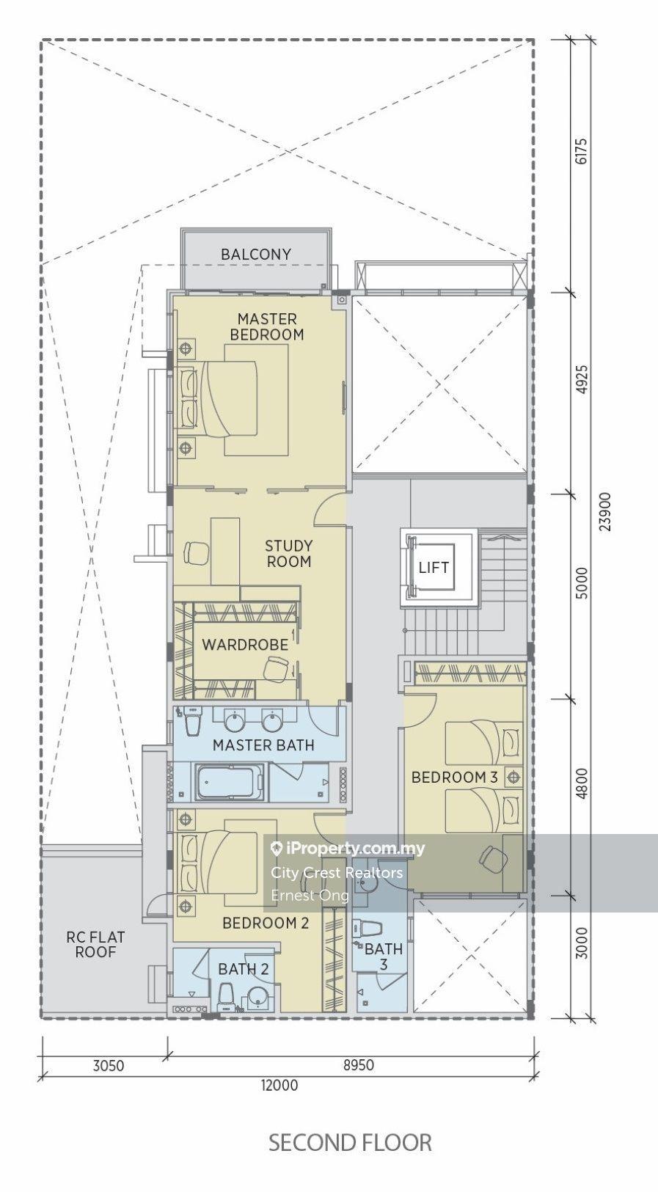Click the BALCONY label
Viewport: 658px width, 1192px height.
[x=256, y=255]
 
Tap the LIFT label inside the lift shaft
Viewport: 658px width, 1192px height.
[x=434, y=568]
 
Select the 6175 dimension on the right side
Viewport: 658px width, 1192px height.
[x=582, y=151]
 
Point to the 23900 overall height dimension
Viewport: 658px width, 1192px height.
[x=604, y=511]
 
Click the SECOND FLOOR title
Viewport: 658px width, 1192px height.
[x=350, y=1143]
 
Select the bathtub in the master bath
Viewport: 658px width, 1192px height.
[x=230, y=782]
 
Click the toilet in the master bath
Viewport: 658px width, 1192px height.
[x=192, y=723]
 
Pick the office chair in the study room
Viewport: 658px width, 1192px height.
[x=196, y=553]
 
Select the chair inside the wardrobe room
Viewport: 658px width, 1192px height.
[x=277, y=669]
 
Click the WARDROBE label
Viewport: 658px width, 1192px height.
[x=245, y=645]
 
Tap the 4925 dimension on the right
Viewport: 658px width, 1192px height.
[x=582, y=379]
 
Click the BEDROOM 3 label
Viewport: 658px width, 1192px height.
[x=454, y=777]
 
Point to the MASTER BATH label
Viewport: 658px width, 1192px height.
[x=263, y=745]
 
